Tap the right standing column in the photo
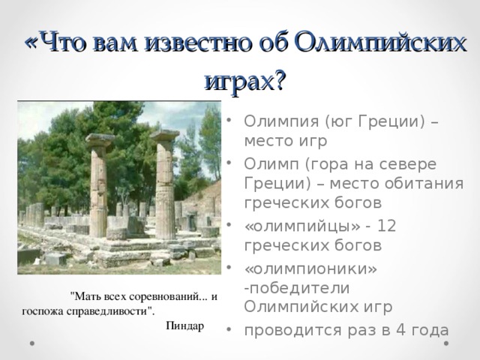[x=165, y=184]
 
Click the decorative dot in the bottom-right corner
[x=448, y=343]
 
